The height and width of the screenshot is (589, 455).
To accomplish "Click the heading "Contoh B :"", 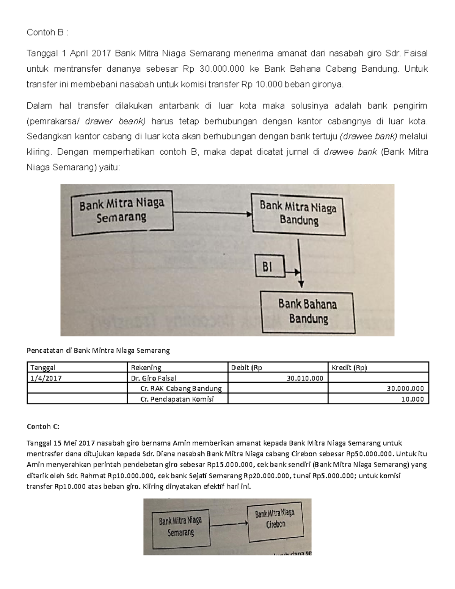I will coord(48,33).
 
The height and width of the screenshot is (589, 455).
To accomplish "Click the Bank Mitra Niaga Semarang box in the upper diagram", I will coord(122,213).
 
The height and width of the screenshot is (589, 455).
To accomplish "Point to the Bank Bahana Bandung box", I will coord(308,312).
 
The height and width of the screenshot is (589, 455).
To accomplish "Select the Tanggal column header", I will coord(42,367).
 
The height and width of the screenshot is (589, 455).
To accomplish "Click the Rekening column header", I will coord(146,367).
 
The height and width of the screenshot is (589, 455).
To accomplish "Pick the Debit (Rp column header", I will coord(246,367).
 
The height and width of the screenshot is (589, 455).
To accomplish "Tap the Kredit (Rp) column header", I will coord(349,367).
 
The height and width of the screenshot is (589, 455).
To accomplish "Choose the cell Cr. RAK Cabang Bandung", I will coord(181,388).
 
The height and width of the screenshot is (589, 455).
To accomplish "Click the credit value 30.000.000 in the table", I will coord(405,388).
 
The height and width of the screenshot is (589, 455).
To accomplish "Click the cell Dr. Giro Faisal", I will coord(154,378).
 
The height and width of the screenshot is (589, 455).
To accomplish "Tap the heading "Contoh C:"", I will coord(43,426).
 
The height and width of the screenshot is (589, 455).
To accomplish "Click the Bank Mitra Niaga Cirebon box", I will coord(275,519).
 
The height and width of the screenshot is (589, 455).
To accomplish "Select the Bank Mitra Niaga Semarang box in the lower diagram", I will coord(180,527).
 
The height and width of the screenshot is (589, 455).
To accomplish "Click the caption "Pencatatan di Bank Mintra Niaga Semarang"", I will coord(98,350).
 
